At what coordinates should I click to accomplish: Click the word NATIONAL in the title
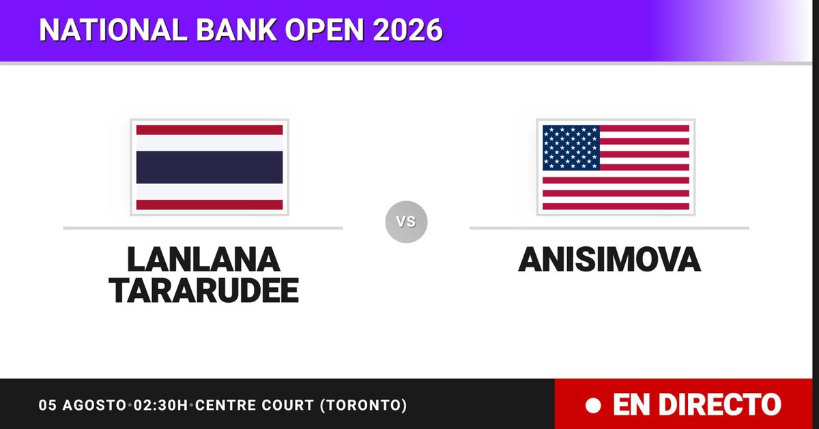(x=113, y=30)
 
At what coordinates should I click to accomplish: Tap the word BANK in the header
(x=236, y=30)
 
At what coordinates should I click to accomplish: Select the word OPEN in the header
(x=324, y=30)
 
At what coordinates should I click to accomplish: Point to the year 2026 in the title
(x=407, y=30)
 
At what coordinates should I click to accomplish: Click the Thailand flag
(x=210, y=167)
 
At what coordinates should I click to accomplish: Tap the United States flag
(x=616, y=167)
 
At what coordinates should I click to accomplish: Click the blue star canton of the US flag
(x=571, y=147)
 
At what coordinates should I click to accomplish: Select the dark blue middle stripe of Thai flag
(x=210, y=167)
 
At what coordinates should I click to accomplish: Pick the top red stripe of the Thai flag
(x=210, y=130)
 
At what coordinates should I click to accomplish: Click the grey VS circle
(x=406, y=222)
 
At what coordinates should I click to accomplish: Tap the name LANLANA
(x=203, y=259)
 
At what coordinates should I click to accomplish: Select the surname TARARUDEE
(x=203, y=291)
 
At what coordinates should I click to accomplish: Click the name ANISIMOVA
(x=609, y=259)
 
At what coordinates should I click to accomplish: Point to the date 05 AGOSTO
(x=83, y=405)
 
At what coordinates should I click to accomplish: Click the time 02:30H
(x=160, y=405)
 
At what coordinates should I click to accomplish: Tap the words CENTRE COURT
(x=255, y=405)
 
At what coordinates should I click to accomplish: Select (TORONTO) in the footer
(x=363, y=405)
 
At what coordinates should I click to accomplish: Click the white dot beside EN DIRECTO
(x=593, y=406)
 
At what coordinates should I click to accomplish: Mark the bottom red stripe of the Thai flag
(x=210, y=205)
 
